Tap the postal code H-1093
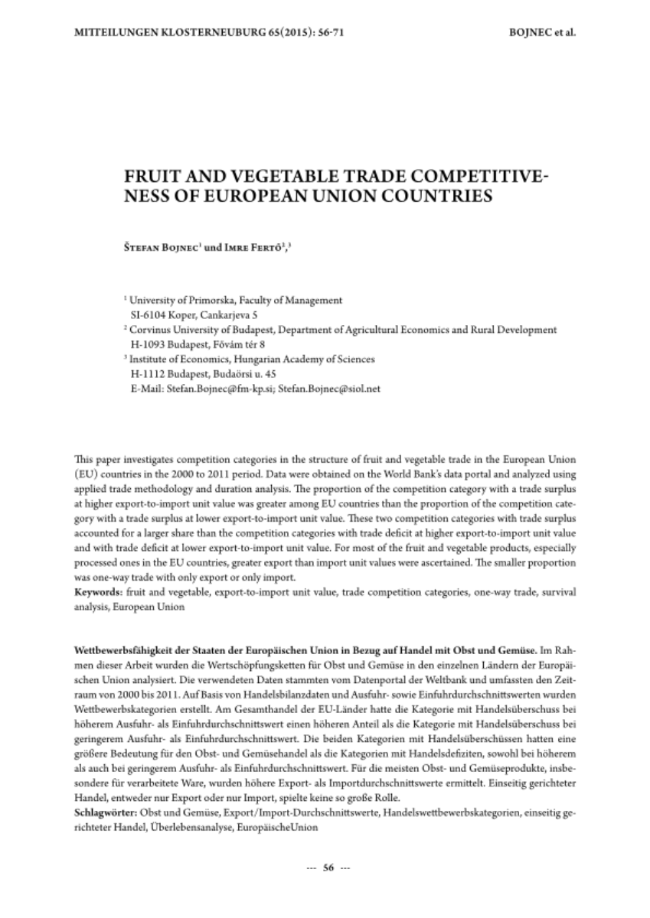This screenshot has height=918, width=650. (152, 344)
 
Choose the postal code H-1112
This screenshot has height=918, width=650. (152, 373)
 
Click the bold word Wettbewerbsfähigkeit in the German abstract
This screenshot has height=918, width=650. (123, 649)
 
